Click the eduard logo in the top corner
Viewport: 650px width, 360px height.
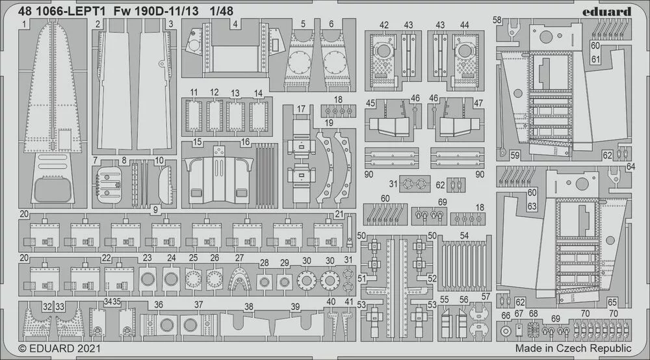pos(608,11)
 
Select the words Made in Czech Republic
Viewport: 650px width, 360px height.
pos(573,349)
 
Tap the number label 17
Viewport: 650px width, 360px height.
pos(301,109)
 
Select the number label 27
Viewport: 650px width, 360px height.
pos(239,258)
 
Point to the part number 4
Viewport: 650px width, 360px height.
pos(235,24)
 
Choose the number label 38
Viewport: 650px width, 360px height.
pos(248,307)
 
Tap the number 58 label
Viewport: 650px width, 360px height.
pos(497,21)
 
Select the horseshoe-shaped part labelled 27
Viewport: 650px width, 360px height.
pos(240,280)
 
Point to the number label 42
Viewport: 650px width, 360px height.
pos(384,25)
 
